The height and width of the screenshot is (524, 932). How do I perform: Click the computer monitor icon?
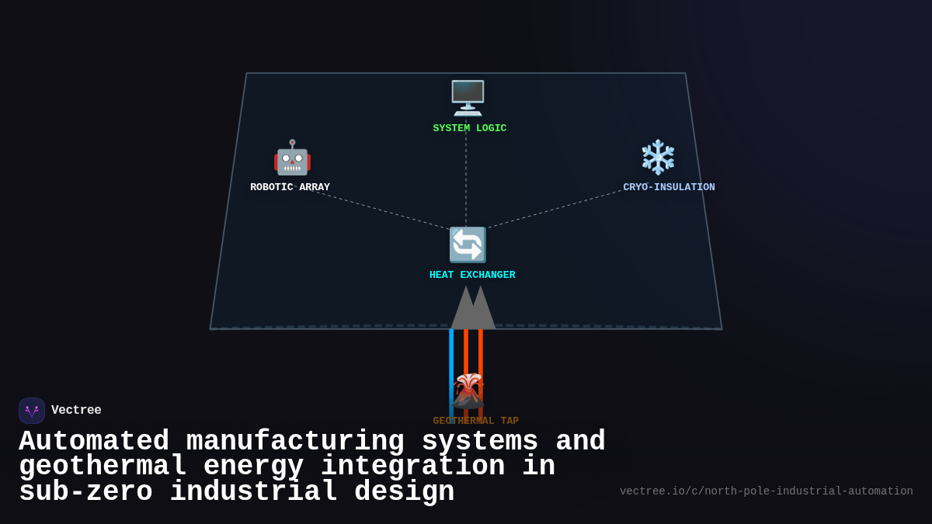(x=468, y=98)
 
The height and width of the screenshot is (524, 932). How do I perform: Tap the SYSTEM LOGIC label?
(x=469, y=128)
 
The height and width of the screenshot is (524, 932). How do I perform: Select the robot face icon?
(x=292, y=158)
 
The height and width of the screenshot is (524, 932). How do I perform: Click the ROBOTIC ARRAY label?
(x=290, y=187)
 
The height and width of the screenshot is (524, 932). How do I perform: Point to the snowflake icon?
(x=658, y=157)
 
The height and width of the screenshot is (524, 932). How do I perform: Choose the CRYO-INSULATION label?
(x=669, y=187)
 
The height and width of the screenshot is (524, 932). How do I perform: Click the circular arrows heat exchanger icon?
(x=468, y=245)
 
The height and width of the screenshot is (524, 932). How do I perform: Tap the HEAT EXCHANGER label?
(x=472, y=275)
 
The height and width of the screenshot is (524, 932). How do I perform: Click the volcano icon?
(x=468, y=390)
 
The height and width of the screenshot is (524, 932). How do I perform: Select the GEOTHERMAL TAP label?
(x=475, y=421)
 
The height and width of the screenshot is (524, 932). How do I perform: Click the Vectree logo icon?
(x=32, y=411)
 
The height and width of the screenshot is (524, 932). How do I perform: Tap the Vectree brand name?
(x=76, y=410)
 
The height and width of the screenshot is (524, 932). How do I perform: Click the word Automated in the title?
(x=94, y=442)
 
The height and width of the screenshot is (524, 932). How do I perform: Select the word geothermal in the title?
(x=103, y=467)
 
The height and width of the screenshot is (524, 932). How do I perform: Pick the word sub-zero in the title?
(x=85, y=492)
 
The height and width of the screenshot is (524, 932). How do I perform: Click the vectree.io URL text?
(x=766, y=491)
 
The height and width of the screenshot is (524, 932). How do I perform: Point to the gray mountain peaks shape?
(x=473, y=309)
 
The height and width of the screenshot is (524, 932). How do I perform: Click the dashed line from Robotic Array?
(x=381, y=210)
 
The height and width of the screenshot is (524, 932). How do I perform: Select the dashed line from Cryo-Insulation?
(x=555, y=209)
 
